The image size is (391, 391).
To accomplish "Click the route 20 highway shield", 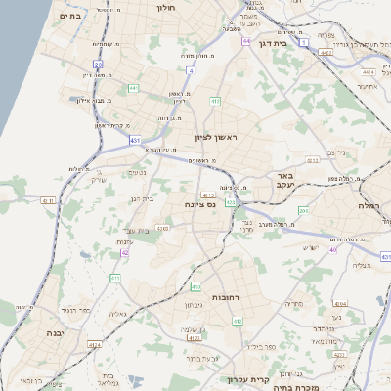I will [x=99, y=65].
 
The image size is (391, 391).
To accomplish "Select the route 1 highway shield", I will [x=305, y=43].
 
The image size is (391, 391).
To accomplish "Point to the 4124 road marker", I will [x=95, y=345].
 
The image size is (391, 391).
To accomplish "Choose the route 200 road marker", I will [x=304, y=210].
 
